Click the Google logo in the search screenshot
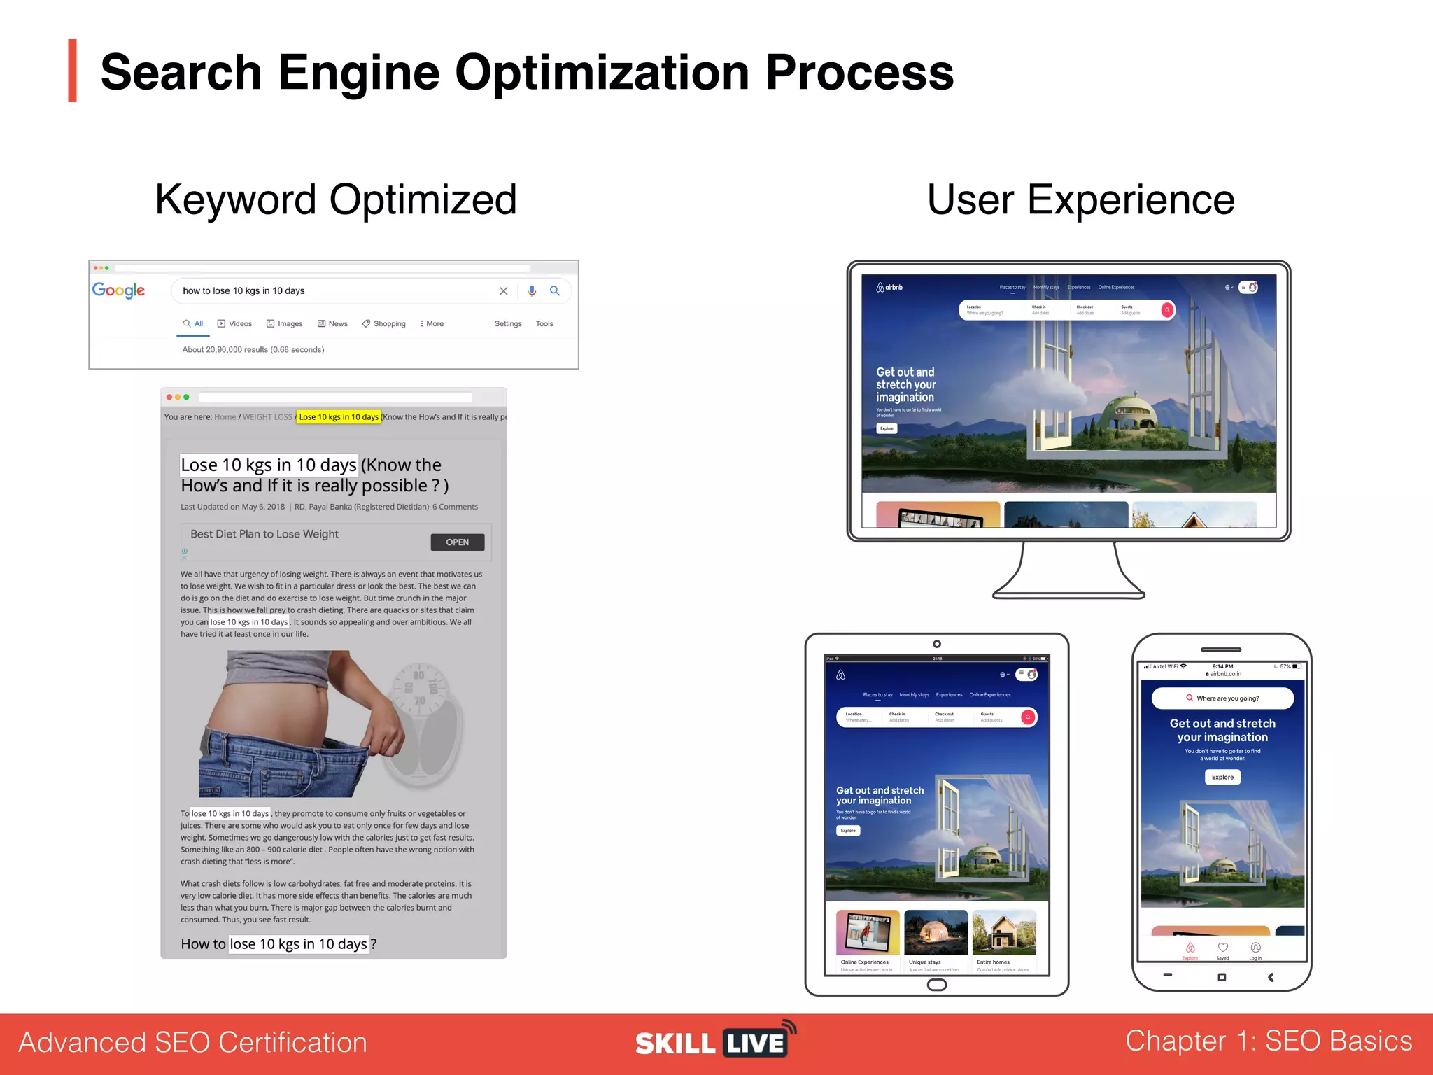tap(119, 290)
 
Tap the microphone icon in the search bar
tap(532, 291)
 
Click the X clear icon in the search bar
tap(503, 291)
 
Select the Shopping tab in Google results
tap(384, 324)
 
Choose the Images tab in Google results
tap(285, 324)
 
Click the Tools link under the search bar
tap(544, 324)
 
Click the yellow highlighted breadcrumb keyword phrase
tap(339, 417)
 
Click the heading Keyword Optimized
tap(336, 200)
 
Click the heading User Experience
tap(1080, 200)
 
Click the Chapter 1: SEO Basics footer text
tap(1269, 1041)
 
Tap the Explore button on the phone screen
tap(1222, 777)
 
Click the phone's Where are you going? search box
tap(1222, 698)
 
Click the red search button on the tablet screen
tap(1028, 717)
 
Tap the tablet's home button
tap(937, 985)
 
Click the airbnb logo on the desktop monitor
tap(889, 288)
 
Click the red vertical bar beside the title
tap(72, 71)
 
